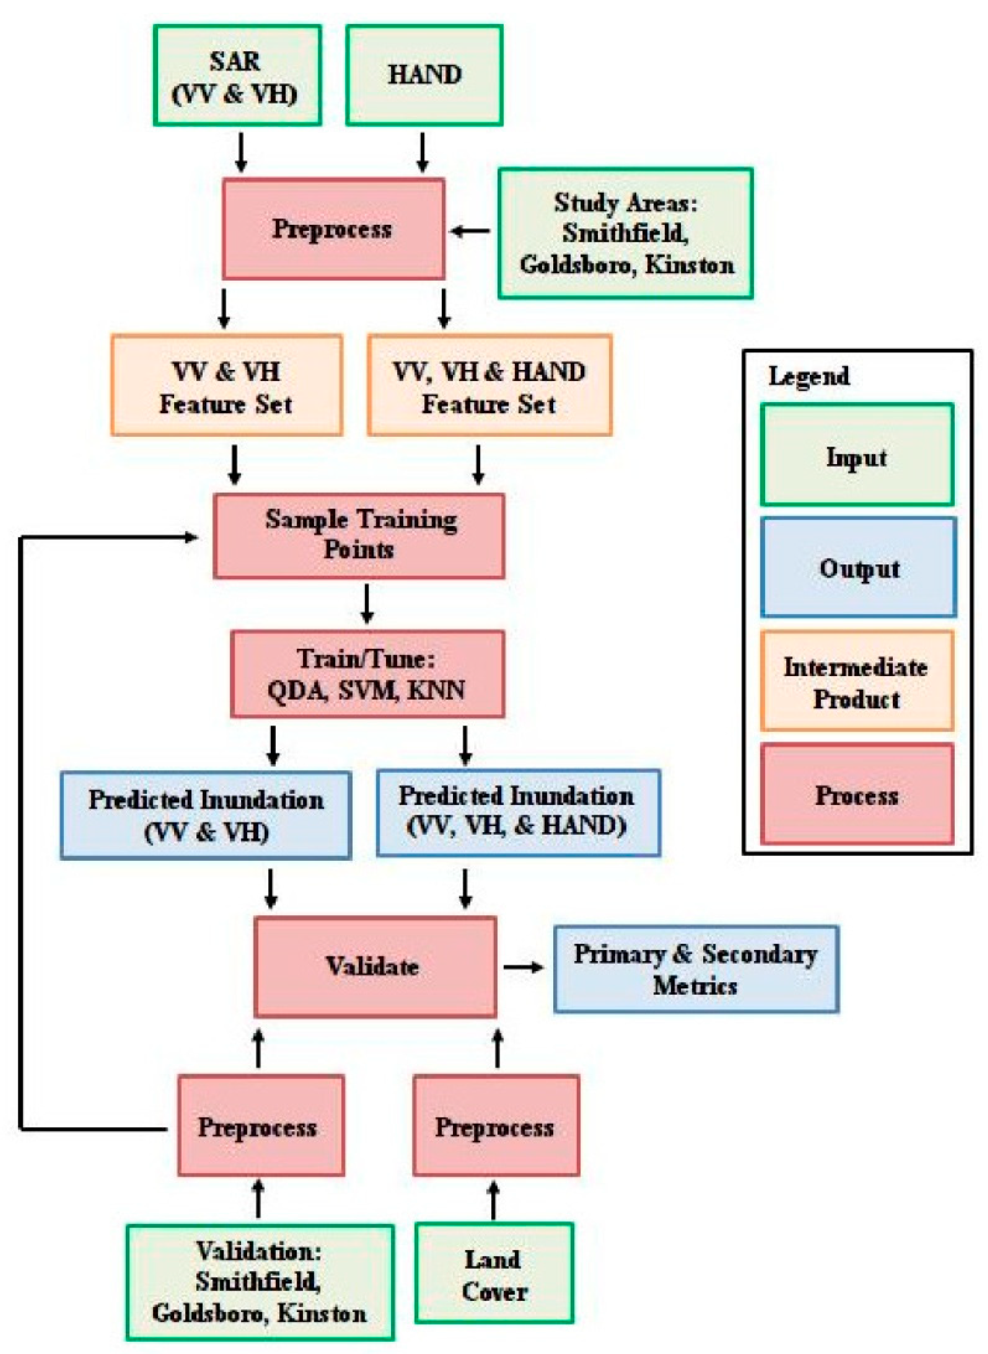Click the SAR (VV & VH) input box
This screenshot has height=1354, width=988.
tap(237, 75)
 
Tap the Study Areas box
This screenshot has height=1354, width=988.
tap(626, 233)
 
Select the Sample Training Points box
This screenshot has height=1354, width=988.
tap(359, 536)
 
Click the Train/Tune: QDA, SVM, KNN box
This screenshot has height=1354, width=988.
tap(367, 674)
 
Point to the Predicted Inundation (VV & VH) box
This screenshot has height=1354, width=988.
tap(206, 816)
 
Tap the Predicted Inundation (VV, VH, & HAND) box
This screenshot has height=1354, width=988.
tap(518, 812)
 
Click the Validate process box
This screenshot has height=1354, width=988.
tap(375, 967)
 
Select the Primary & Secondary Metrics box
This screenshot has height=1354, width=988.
tap(696, 969)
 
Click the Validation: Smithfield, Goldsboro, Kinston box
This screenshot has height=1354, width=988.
tap(260, 1282)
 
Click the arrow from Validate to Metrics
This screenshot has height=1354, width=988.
tap(523, 967)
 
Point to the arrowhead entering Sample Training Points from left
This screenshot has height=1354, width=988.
tap(191, 537)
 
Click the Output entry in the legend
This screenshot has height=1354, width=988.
tap(858, 568)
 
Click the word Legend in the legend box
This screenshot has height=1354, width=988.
tap(808, 377)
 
